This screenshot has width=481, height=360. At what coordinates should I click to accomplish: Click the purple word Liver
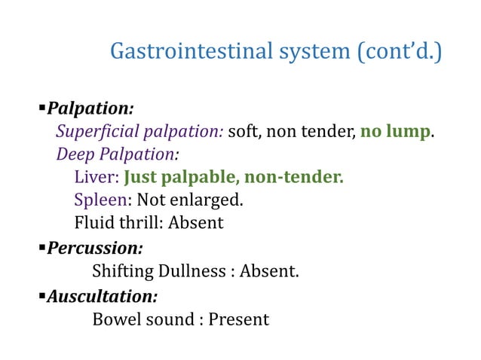coord(94,178)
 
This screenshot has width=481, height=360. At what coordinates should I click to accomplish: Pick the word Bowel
coord(114,319)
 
